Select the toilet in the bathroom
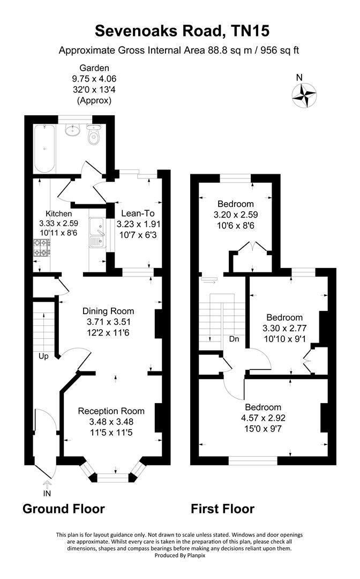pos(94,135)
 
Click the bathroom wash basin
pos(71,130)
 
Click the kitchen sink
pos(97,234)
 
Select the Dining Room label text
pos(108,311)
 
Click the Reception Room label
pos(111,411)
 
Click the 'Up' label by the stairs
pos(43,356)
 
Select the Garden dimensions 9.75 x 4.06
pos(94,79)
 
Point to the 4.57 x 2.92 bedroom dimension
pos(262,418)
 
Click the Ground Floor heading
pos(63,509)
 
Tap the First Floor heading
pos(222,509)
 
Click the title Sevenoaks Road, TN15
pos(179,31)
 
